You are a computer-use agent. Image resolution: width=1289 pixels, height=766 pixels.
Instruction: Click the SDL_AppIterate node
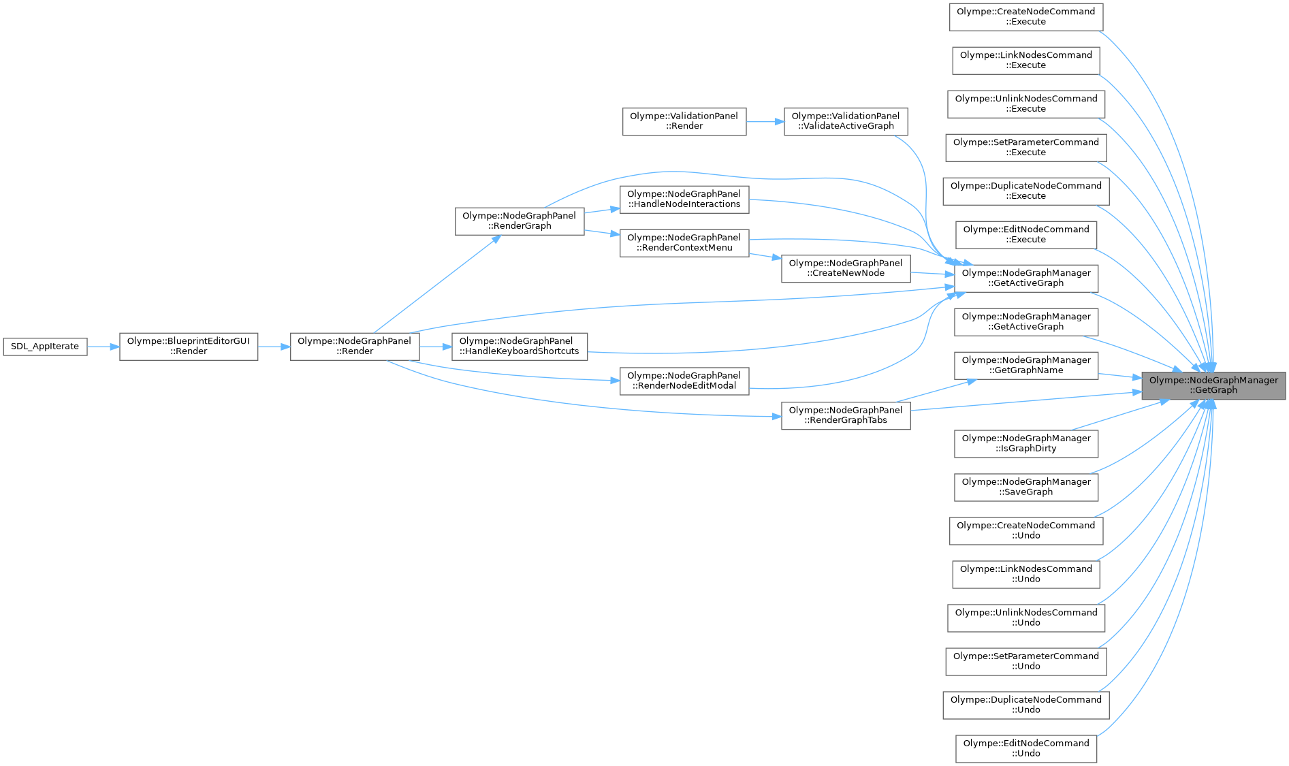coord(45,347)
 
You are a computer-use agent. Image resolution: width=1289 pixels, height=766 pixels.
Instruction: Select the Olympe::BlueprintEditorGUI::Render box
coord(189,347)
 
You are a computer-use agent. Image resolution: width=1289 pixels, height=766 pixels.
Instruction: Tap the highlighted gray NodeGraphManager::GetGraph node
coord(1213,385)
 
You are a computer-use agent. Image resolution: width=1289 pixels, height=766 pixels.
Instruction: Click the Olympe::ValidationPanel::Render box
coord(684,121)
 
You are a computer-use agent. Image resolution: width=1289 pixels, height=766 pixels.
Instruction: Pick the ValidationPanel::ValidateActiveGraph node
coord(845,121)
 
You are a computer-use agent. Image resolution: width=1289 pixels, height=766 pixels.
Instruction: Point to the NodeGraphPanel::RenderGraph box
coord(519,221)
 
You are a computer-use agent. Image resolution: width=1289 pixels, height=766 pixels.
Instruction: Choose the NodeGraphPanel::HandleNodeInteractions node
coord(684,199)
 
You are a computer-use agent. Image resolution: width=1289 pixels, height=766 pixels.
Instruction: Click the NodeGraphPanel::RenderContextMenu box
coord(684,242)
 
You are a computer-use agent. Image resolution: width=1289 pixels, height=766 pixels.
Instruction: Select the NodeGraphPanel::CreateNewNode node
coord(845,268)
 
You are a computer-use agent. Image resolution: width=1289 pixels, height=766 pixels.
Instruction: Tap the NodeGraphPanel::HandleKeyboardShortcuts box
coord(519,347)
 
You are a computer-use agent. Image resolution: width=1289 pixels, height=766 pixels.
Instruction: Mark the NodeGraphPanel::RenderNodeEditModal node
coord(684,381)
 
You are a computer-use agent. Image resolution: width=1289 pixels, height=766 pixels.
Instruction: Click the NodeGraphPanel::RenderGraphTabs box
coord(845,415)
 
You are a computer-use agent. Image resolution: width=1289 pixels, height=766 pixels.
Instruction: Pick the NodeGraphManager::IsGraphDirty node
coord(1025,443)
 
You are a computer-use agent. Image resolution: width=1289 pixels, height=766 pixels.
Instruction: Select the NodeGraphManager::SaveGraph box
coord(1025,487)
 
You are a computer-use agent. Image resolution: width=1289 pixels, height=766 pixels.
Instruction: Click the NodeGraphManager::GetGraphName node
coord(1025,366)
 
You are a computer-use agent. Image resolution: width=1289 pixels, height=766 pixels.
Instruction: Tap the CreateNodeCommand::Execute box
coord(1025,16)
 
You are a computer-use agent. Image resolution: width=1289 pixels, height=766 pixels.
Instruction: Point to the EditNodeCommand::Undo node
coord(1025,748)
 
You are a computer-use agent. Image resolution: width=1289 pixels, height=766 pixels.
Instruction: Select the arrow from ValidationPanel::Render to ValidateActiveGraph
coord(765,122)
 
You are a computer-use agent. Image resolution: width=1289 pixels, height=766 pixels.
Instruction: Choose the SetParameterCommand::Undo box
coord(1025,661)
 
